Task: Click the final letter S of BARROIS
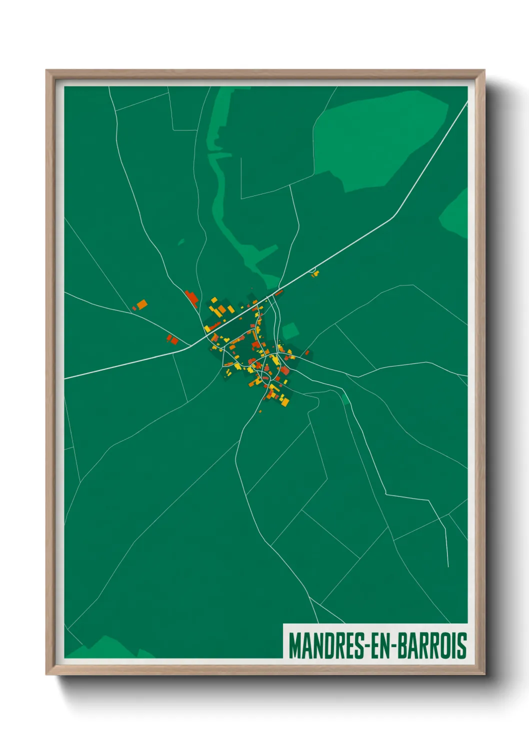(462, 645)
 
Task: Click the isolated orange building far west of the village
(142, 304)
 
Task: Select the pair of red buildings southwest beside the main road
(172, 340)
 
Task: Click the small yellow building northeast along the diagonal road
(315, 273)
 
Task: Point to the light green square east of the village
(290, 331)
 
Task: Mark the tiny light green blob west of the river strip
(181, 242)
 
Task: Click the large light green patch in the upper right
(380, 140)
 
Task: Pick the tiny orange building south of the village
(260, 411)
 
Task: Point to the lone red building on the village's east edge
(307, 353)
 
